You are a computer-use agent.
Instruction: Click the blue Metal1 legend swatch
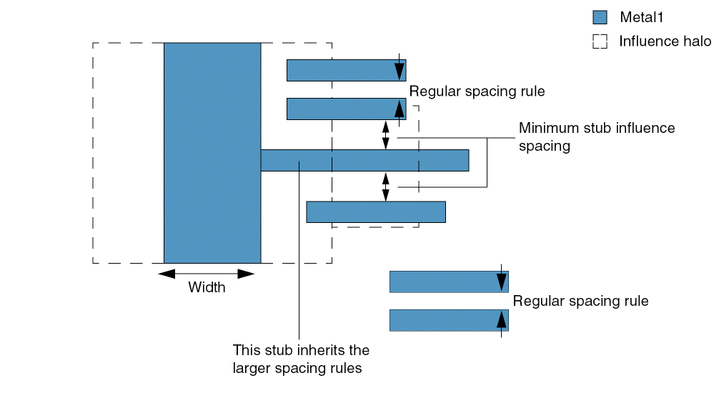(x=600, y=17)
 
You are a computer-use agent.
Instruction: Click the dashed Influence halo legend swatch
(x=600, y=41)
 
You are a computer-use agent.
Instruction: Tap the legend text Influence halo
(x=665, y=41)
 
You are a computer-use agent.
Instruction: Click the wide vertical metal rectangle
(x=212, y=153)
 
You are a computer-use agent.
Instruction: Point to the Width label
(x=207, y=288)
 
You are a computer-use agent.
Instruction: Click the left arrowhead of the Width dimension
(x=167, y=274)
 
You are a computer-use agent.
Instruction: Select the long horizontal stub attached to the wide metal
(x=365, y=160)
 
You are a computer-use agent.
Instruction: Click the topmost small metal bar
(x=346, y=70)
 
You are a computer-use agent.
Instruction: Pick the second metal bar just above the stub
(x=346, y=109)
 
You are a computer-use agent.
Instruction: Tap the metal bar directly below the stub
(x=376, y=212)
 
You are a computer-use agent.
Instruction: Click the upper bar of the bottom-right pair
(x=449, y=282)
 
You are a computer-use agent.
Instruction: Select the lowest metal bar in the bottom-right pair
(x=449, y=320)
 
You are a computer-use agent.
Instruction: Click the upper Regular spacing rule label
(x=477, y=91)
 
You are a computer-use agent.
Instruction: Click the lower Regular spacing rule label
(x=580, y=301)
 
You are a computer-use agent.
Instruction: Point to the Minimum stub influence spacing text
(x=596, y=137)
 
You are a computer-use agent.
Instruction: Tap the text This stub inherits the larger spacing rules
(x=301, y=359)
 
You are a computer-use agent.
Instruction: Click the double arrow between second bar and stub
(x=386, y=135)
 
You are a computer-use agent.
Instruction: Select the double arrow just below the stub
(x=386, y=186)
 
